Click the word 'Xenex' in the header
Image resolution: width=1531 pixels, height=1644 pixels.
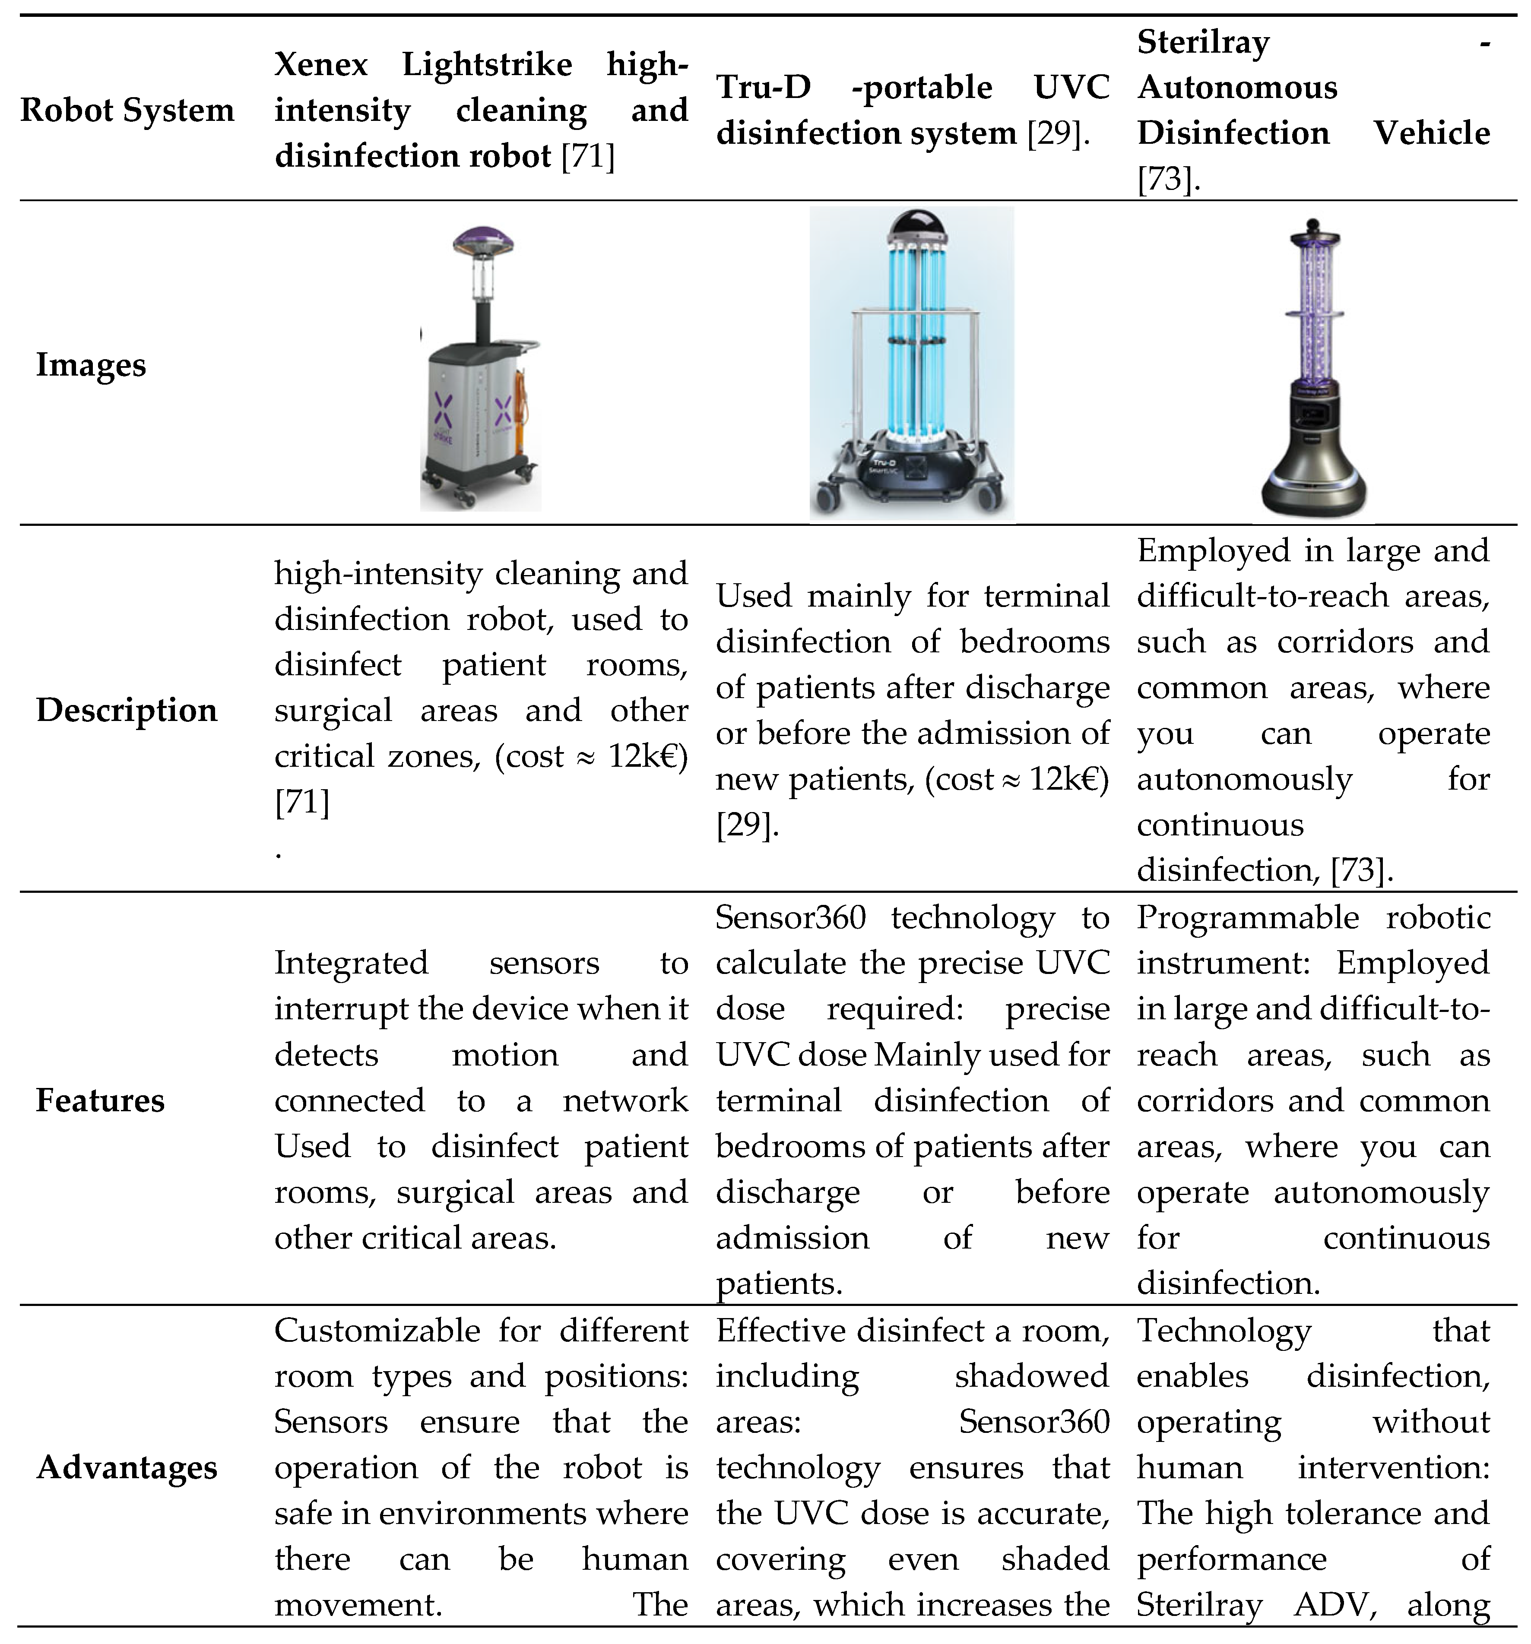point(321,63)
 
